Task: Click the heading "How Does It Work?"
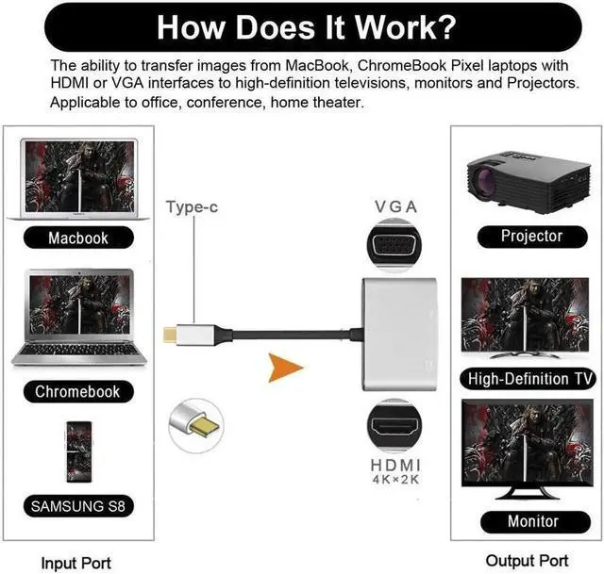[302, 25]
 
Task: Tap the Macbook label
[78, 238]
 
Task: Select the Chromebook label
[78, 391]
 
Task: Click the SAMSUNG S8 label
[77, 506]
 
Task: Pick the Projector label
[531, 236]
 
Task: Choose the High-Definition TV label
[531, 379]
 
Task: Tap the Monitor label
[532, 520]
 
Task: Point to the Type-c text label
[193, 206]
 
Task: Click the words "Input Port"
[75, 563]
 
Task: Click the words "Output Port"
[527, 560]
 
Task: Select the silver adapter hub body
[401, 335]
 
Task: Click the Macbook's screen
[78, 175]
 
